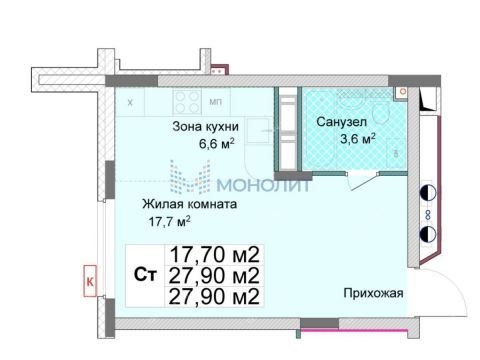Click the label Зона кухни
(x=205, y=125)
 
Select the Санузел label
(x=340, y=121)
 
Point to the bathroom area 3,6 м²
(x=349, y=137)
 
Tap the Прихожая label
(x=373, y=293)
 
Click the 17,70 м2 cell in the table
(x=214, y=253)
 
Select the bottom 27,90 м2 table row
(x=214, y=297)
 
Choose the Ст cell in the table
(x=144, y=275)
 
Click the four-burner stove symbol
(x=185, y=101)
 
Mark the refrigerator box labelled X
(x=130, y=101)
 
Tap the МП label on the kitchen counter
(x=215, y=101)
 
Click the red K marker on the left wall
(x=88, y=283)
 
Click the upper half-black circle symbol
(x=428, y=193)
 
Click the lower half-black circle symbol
(x=428, y=235)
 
